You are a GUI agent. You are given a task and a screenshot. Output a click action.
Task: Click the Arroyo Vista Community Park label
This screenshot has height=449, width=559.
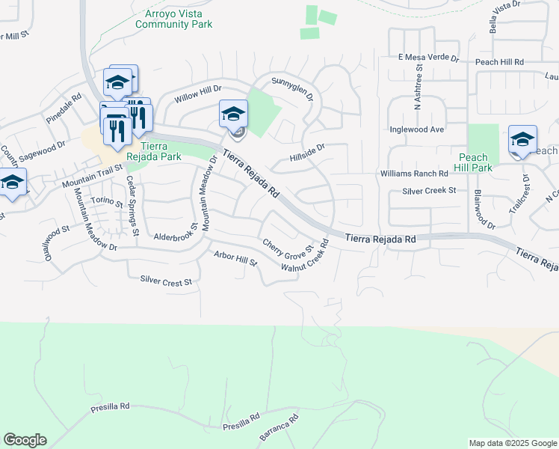pos(173,19)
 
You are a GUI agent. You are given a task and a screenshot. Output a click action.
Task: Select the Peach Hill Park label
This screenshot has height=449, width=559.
pos(474,162)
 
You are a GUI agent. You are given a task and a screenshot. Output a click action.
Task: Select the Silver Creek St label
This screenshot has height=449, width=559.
pos(429,191)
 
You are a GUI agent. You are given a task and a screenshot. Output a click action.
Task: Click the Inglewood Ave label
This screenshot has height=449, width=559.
pos(417,129)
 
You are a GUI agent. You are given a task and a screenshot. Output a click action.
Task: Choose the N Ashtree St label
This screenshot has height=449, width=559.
pos(419,86)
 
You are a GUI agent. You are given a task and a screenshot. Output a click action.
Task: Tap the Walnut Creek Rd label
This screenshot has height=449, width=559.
pos(306,257)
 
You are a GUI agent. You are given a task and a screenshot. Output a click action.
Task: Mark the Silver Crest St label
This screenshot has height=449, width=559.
pos(166,281)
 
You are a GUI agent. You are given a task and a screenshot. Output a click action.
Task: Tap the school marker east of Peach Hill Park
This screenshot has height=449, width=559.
pos(522,140)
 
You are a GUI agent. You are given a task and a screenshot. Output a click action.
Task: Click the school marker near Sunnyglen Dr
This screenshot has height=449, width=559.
pos(233,114)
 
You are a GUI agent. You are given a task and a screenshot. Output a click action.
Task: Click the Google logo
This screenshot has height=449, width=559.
pos(25,440)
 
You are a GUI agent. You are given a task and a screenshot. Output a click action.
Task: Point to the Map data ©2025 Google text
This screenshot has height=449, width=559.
pos(512,443)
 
